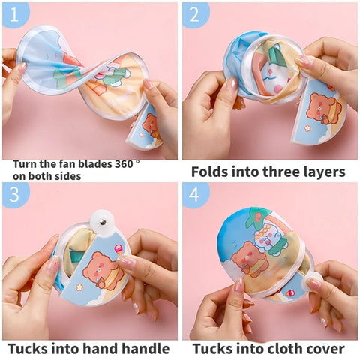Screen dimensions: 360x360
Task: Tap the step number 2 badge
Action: tap(195, 14)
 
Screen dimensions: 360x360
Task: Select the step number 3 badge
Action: tap(15, 194)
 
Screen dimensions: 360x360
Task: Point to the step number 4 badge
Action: tap(195, 194)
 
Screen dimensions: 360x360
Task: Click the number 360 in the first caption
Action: tap(124, 164)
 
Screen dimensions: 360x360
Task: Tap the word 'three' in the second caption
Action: tap(276, 172)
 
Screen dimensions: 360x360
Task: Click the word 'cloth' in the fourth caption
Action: tap(286, 348)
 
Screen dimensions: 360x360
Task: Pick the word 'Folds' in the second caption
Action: tap(209, 172)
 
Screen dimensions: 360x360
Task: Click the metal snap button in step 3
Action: tap(102, 221)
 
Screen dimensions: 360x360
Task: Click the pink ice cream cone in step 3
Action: tap(118, 250)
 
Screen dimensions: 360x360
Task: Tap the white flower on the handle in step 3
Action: tap(79, 287)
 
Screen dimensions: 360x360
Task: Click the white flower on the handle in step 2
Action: tap(307, 128)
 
